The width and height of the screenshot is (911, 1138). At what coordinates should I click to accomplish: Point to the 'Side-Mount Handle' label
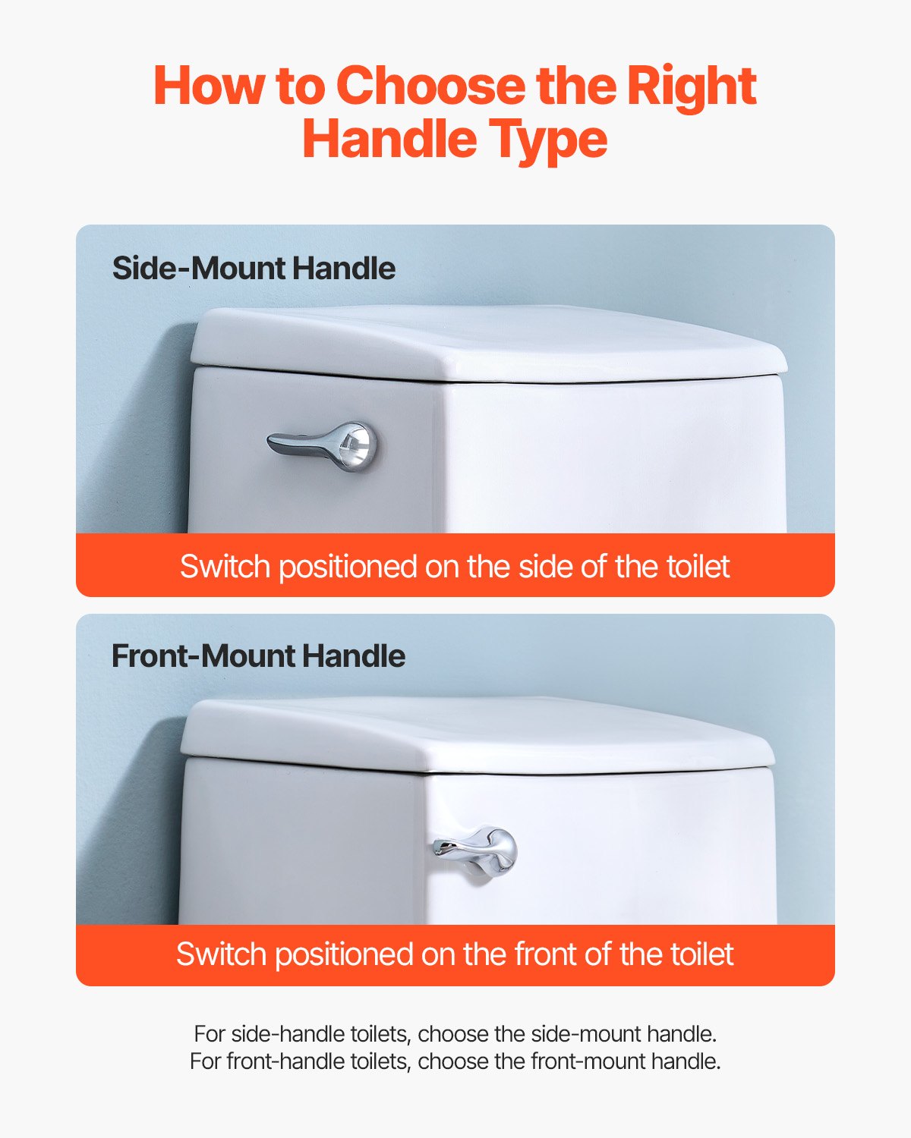[254, 269]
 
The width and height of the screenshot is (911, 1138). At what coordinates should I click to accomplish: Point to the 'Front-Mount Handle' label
[258, 656]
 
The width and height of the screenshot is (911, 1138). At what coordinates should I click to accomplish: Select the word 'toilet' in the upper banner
[698, 567]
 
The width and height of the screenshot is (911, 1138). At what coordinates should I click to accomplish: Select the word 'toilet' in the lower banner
[701, 954]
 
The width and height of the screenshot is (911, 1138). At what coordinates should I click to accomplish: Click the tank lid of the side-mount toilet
[486, 341]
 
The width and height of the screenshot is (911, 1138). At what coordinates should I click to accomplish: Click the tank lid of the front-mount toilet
[478, 732]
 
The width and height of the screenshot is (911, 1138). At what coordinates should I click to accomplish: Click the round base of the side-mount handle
[355, 446]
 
